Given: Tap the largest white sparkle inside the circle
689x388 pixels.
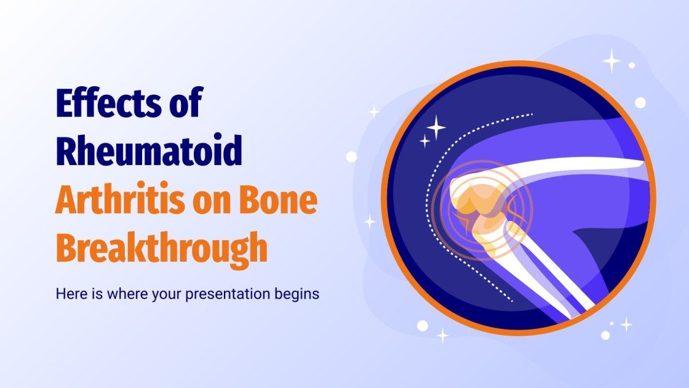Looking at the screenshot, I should point(436,127).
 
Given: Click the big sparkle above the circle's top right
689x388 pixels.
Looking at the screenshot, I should point(611,61).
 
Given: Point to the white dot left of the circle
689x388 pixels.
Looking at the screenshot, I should point(351,156).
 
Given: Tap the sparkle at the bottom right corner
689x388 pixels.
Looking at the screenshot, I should point(626,325).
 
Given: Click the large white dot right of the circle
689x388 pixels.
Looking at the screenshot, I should point(640,102).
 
